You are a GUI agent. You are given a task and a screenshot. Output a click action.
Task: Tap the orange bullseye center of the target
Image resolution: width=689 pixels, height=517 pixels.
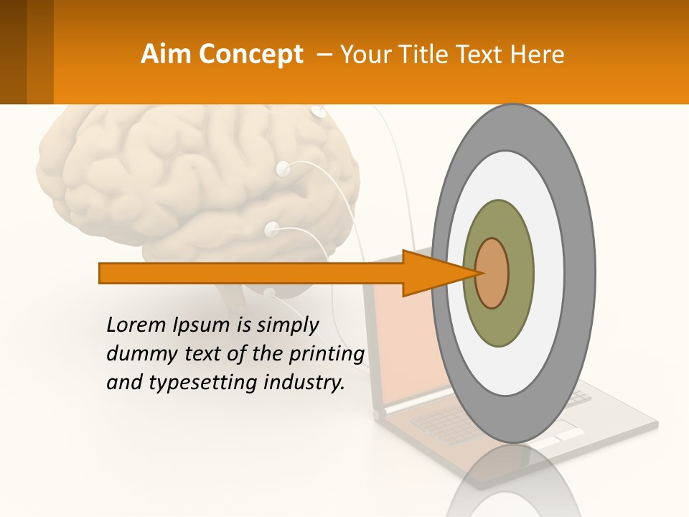(492, 273)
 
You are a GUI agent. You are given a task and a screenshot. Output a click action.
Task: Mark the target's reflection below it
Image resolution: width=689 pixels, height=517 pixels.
(513, 481)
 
